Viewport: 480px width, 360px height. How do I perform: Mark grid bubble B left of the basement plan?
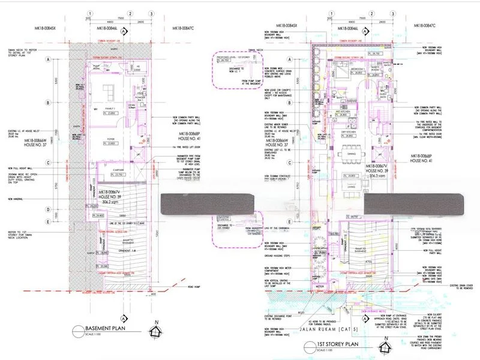(47, 103)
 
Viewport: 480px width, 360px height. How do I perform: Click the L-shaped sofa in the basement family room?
(109, 91)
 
